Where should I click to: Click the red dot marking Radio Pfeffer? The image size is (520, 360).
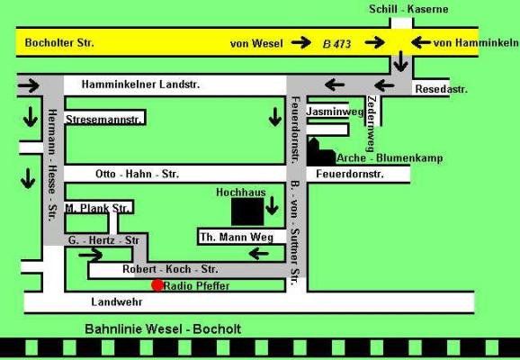point(157,285)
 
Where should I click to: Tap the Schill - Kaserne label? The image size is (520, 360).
point(408,9)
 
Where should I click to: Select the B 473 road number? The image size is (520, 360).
point(336,44)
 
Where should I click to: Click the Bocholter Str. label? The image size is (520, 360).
point(59,43)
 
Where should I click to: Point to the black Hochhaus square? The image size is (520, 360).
point(247,211)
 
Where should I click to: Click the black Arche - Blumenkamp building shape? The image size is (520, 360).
point(320,152)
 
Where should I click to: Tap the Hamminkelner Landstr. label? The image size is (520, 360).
point(140,85)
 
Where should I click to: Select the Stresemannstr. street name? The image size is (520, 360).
point(103,120)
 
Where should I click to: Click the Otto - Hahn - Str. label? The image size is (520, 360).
point(137,174)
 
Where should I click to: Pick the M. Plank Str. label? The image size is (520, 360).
point(97,209)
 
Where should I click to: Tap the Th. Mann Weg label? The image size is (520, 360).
point(237,238)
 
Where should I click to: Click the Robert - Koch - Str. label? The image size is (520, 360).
point(170,269)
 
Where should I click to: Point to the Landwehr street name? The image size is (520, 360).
point(117,301)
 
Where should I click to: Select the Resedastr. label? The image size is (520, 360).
point(441,89)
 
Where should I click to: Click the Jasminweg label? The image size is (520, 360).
point(335,112)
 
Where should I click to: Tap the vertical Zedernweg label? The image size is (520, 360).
point(372,124)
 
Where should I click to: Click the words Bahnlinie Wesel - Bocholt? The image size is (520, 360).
point(163,329)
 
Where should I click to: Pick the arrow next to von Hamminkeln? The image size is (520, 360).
point(421,42)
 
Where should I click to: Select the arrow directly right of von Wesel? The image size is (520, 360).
point(301,42)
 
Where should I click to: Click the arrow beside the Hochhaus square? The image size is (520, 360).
point(272,206)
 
